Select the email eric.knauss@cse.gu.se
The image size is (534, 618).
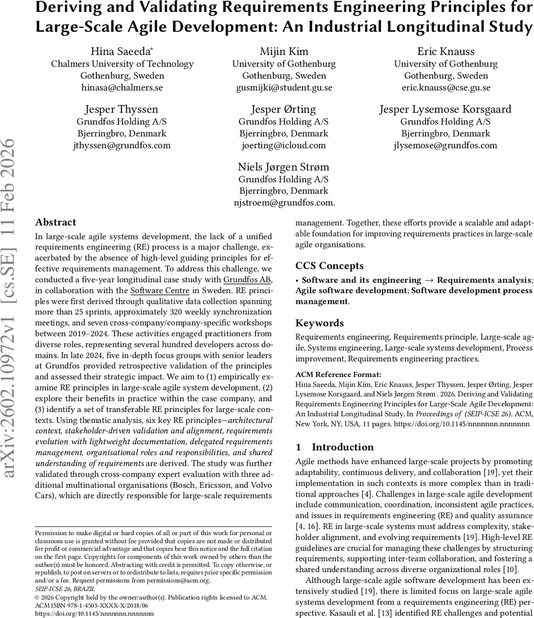click(446, 88)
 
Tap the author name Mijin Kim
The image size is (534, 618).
click(284, 51)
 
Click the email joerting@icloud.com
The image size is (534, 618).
click(284, 145)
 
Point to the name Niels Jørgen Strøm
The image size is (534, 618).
click(284, 167)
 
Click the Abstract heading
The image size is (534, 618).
click(56, 222)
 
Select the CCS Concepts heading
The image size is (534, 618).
click(330, 266)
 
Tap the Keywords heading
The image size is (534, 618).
click(319, 323)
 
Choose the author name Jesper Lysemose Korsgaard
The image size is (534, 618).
click(446, 109)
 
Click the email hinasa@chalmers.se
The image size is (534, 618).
click(122, 88)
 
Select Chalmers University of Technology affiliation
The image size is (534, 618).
click(122, 64)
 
